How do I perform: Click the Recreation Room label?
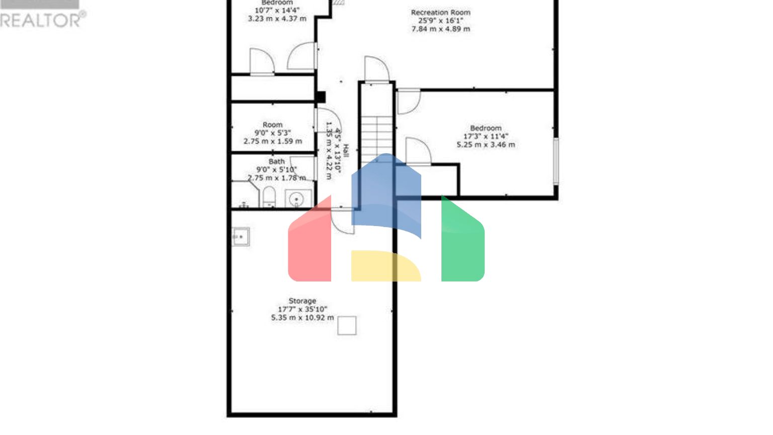point(440,13)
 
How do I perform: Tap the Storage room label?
point(302,301)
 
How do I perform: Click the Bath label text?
point(276,162)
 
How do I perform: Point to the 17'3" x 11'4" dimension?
point(486,136)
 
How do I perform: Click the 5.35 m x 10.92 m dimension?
point(302,318)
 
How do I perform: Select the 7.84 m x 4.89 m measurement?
point(440,29)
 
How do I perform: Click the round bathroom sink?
point(296,199)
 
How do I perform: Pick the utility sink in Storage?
point(241,237)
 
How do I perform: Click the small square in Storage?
point(347,326)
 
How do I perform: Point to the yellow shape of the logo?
point(384,266)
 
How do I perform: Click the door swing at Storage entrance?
point(342,222)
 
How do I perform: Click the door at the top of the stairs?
point(376,69)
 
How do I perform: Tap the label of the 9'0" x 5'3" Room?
point(272,125)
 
